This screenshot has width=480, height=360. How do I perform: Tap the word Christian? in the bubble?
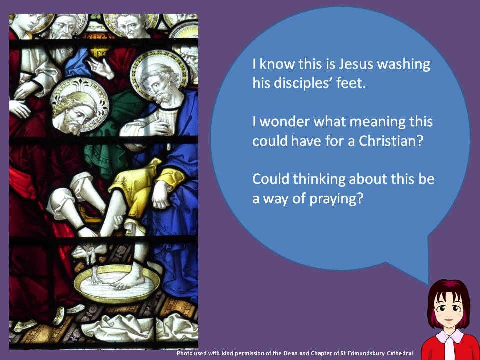coord(391,141)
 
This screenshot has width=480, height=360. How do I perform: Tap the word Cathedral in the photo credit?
coord(400,353)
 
